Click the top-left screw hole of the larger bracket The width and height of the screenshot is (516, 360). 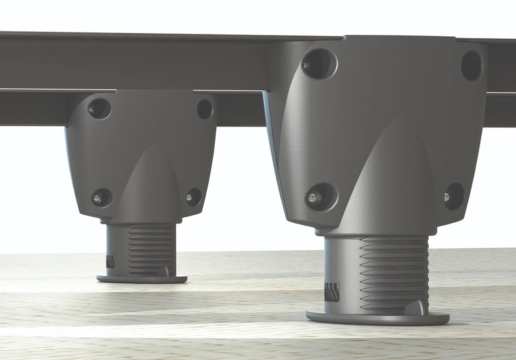pyautogui.click(x=319, y=64)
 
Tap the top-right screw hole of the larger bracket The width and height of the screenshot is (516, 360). pyautogui.click(x=471, y=65)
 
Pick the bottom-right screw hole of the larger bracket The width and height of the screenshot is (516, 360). pyautogui.click(x=454, y=196)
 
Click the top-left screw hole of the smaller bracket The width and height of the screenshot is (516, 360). pyautogui.click(x=99, y=108)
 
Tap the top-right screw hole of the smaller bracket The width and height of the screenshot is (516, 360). pyautogui.click(x=205, y=109)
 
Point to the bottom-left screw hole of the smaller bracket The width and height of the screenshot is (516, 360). pyautogui.click(x=102, y=197)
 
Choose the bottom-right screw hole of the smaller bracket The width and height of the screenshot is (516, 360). pyautogui.click(x=193, y=197)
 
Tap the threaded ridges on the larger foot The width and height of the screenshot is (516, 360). pyautogui.click(x=394, y=274)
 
